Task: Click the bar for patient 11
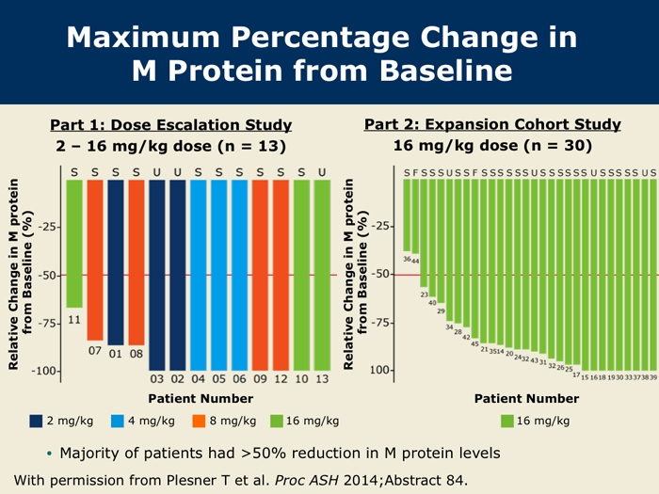[x=74, y=244]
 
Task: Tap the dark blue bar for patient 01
[x=116, y=263]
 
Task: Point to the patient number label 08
[x=137, y=354]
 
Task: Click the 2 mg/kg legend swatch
[x=38, y=421]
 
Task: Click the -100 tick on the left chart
[x=47, y=371]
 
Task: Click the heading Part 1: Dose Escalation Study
[x=170, y=125]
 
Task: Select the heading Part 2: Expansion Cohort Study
[x=492, y=124]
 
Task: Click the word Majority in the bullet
[x=89, y=454]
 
